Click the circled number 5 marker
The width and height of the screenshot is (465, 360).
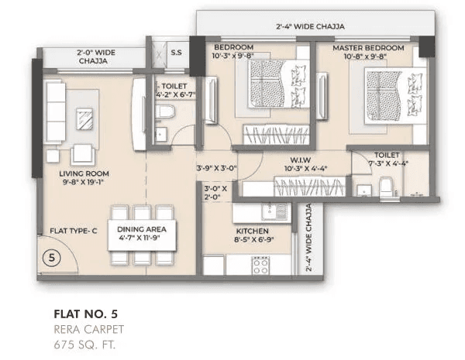[49, 259]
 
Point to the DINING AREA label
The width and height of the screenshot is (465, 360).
[142, 230]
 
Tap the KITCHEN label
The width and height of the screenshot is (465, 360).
[253, 231]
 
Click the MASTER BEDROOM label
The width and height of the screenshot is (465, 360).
[368, 49]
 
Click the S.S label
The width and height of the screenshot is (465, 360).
[176, 53]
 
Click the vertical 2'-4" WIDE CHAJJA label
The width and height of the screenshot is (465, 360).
[308, 239]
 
